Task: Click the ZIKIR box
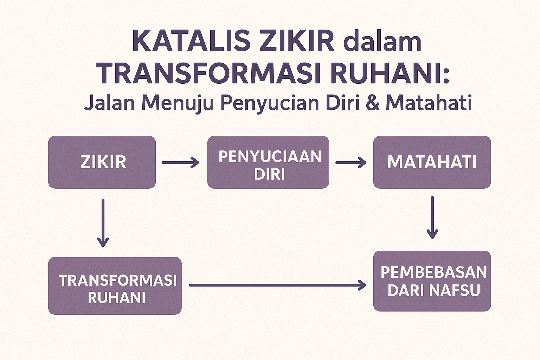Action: [x=102, y=162]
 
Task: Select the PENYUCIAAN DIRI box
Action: [x=268, y=162]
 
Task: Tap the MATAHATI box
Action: [x=432, y=162]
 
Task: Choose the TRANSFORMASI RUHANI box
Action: [x=115, y=286]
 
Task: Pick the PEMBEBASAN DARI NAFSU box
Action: [x=432, y=281]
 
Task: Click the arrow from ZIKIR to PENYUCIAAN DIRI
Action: [x=180, y=162]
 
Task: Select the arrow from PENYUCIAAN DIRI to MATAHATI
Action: [x=351, y=162]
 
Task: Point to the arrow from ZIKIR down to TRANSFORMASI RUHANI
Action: [x=103, y=223]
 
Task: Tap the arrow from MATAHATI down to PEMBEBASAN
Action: [x=432, y=218]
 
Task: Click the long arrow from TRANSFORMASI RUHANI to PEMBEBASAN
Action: [x=277, y=285]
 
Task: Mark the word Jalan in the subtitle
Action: [x=109, y=103]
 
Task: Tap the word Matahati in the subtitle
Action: [x=429, y=103]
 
